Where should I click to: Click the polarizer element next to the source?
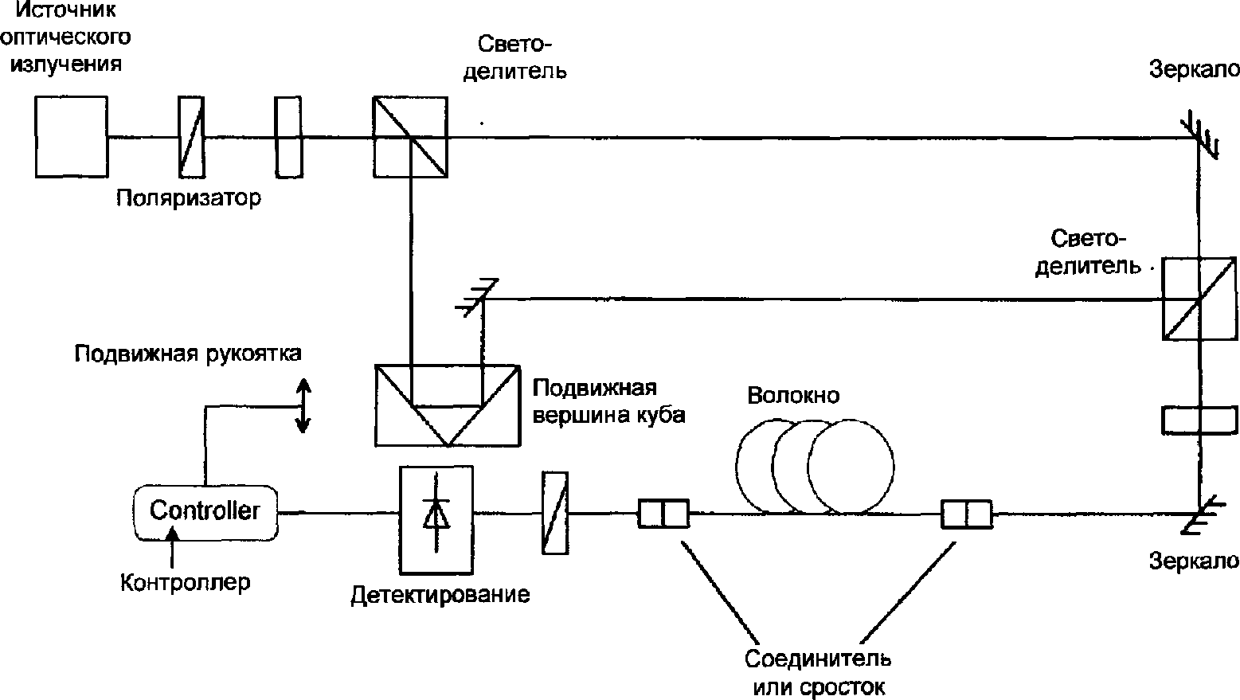(x=191, y=137)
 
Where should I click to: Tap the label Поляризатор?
(x=189, y=197)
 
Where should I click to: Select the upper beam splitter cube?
(x=410, y=137)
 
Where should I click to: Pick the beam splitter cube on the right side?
(x=1199, y=299)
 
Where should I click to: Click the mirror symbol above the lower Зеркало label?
(x=1199, y=514)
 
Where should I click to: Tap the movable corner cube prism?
(x=448, y=405)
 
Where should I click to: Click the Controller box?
(x=205, y=512)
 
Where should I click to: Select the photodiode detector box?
(x=436, y=520)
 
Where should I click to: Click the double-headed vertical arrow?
(x=303, y=405)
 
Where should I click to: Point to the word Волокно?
(x=793, y=395)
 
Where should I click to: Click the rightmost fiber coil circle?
(x=851, y=467)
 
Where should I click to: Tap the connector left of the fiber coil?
(x=663, y=514)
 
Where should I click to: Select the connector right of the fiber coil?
(x=967, y=514)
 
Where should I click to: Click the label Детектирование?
(x=440, y=595)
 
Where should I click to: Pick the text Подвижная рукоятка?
(x=188, y=354)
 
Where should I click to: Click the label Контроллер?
(x=186, y=582)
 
